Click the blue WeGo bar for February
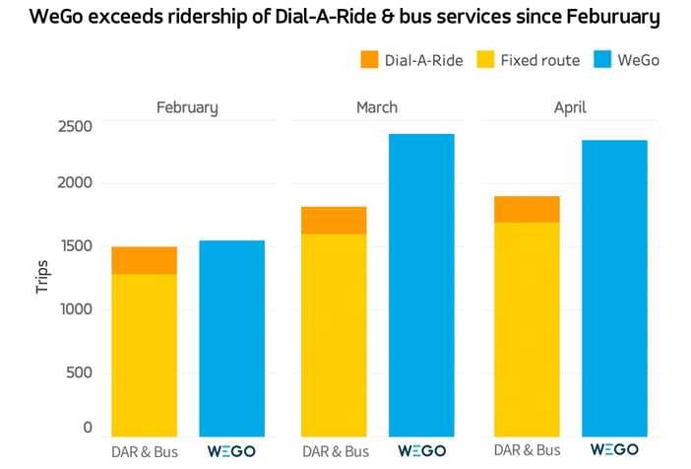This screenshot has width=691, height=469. pyautogui.click(x=231, y=338)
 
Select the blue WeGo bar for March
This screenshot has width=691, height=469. pyautogui.click(x=421, y=285)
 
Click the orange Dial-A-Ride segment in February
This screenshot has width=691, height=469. pyautogui.click(x=145, y=260)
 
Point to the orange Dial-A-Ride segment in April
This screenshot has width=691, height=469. pyautogui.click(x=528, y=209)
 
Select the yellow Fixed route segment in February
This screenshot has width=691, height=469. pyautogui.click(x=145, y=355)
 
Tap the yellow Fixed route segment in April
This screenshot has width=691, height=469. pyautogui.click(x=528, y=329)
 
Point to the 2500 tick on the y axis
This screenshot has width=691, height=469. pyautogui.click(x=75, y=127)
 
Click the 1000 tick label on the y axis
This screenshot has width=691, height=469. pyautogui.click(x=75, y=309)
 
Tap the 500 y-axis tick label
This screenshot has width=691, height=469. pyautogui.click(x=79, y=372)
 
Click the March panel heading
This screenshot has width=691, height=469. pyautogui.click(x=377, y=106)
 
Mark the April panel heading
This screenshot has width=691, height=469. pyautogui.click(x=570, y=106)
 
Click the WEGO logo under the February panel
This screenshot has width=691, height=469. pyautogui.click(x=231, y=450)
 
